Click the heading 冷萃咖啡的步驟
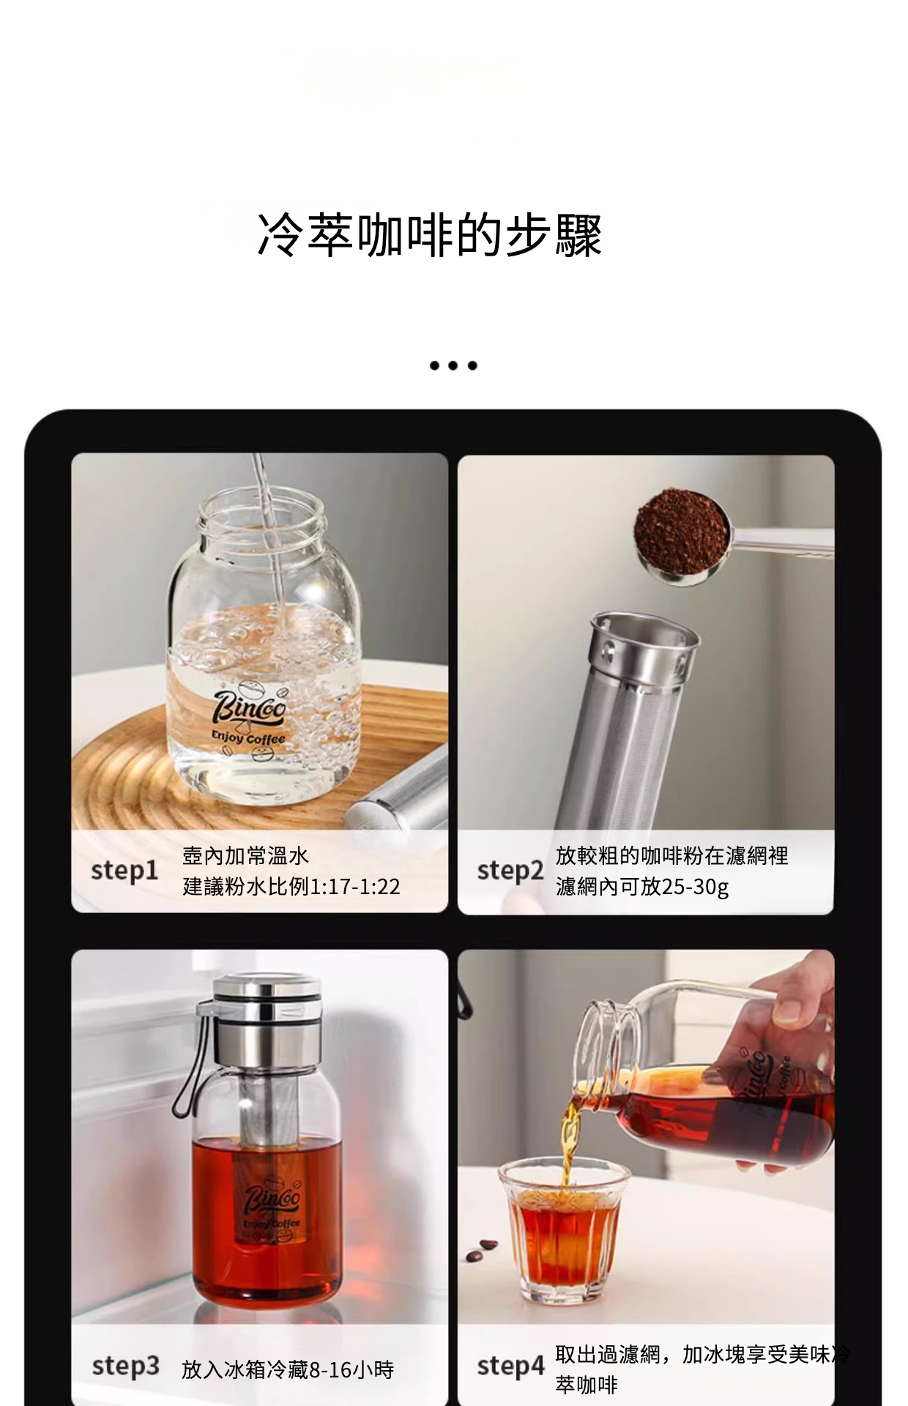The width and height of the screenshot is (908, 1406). point(430,235)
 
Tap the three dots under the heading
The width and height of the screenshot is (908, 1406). point(453,365)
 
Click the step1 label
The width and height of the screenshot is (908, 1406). point(124,871)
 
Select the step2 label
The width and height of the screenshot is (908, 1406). point(510,871)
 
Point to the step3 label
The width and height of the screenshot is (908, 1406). point(125,1366)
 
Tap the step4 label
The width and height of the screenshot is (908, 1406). point(511,1366)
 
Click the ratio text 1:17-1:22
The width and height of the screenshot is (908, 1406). point(355,887)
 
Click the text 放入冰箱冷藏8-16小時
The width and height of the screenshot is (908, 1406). point(288,1369)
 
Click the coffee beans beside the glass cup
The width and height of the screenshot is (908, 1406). point(481,1249)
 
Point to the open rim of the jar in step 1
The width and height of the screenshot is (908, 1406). point(260,509)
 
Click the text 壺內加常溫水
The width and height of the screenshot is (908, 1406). point(246,855)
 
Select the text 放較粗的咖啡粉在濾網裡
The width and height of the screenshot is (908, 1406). point(672,855)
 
